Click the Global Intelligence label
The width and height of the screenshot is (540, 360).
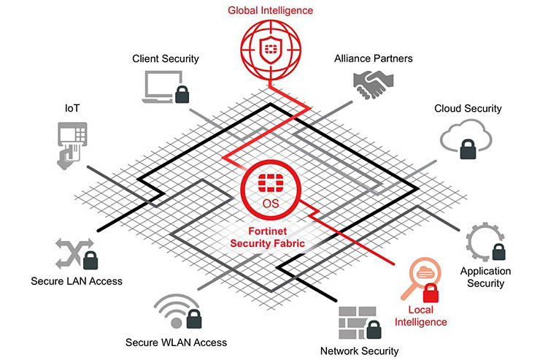[x=270, y=10]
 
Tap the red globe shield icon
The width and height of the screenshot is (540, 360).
[x=270, y=49]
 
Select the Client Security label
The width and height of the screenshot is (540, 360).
[x=166, y=58]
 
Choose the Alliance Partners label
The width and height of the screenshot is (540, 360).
[x=373, y=58]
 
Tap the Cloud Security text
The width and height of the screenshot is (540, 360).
[x=468, y=108]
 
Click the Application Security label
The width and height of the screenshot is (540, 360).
[x=485, y=277]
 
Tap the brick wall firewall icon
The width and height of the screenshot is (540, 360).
[x=355, y=320]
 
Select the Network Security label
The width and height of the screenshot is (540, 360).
[x=360, y=351]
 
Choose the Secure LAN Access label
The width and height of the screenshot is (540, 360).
[x=77, y=280]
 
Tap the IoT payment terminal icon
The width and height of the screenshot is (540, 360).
[x=71, y=144]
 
